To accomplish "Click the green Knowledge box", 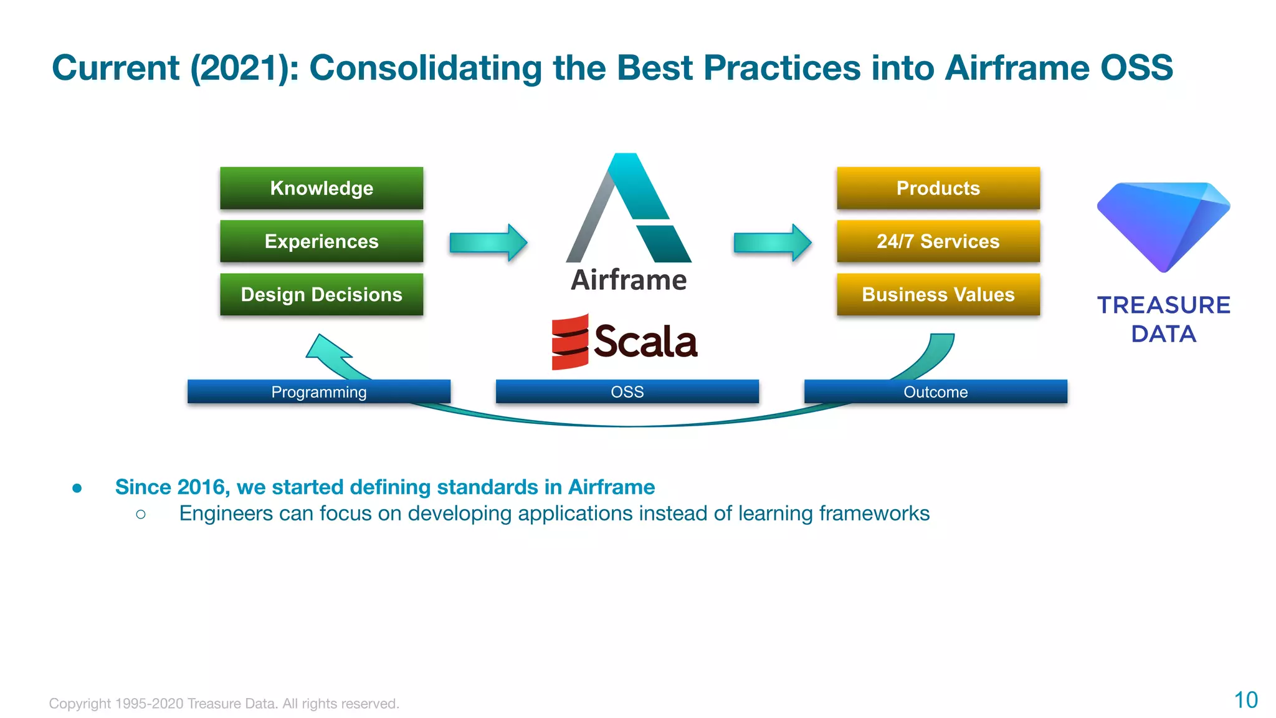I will (321, 188).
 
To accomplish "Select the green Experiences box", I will (321, 241).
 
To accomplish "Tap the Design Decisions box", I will (321, 294).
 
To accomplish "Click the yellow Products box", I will (938, 188).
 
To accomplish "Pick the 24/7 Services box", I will (938, 241).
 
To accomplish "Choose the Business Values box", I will (938, 294).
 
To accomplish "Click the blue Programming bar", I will (318, 392).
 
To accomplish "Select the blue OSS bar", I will (627, 392).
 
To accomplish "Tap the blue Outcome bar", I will (935, 392).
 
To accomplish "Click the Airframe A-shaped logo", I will (629, 209).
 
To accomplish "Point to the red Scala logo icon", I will (569, 342).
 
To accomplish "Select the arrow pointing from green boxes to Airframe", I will (488, 242).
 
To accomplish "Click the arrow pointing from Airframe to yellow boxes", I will (773, 242).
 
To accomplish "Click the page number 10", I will (1245, 700).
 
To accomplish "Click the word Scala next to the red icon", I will (645, 342).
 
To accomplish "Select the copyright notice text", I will (224, 704).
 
